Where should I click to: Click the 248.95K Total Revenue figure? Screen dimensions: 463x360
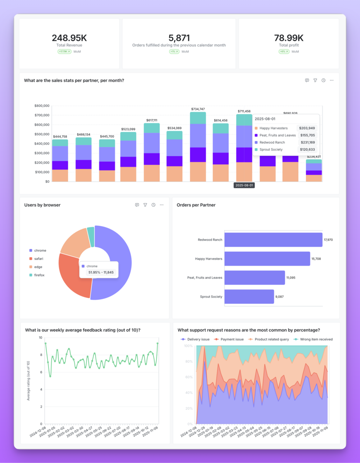click(69, 38)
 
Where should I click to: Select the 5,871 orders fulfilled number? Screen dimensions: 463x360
click(179, 38)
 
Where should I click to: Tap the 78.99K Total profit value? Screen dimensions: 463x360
click(288, 38)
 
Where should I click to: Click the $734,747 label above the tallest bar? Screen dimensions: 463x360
click(198, 109)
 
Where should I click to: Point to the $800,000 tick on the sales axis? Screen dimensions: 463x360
click(42, 106)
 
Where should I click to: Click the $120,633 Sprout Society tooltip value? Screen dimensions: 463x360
click(307, 149)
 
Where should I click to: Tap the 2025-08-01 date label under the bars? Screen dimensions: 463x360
click(244, 186)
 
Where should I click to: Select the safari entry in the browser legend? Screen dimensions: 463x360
click(38, 259)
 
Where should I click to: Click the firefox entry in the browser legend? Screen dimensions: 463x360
click(39, 275)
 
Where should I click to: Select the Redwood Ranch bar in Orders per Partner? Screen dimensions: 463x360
click(273, 240)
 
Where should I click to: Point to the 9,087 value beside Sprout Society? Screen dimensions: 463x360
click(280, 296)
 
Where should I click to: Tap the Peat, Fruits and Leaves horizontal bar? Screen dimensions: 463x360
click(254, 278)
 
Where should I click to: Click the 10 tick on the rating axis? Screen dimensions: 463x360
click(41, 338)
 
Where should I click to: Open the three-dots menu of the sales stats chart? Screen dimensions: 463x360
click(331, 81)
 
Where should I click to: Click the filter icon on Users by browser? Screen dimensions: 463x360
click(145, 205)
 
